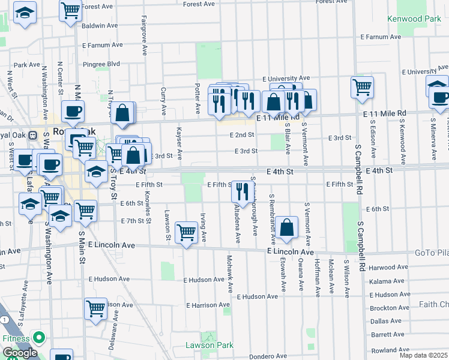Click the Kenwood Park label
click(414, 19)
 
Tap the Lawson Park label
click(208, 345)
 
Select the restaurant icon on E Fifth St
click(240, 191)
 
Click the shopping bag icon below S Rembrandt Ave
click(288, 227)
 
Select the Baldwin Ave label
click(100, 26)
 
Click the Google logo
click(20, 353)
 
